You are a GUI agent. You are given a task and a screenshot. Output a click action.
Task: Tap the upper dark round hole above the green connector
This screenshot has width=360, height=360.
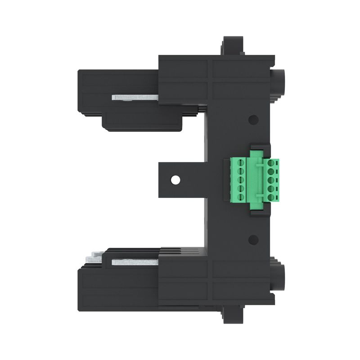pyautogui.click(x=253, y=120)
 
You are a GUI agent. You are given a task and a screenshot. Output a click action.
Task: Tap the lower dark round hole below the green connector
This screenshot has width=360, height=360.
pyautogui.click(x=253, y=239)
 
